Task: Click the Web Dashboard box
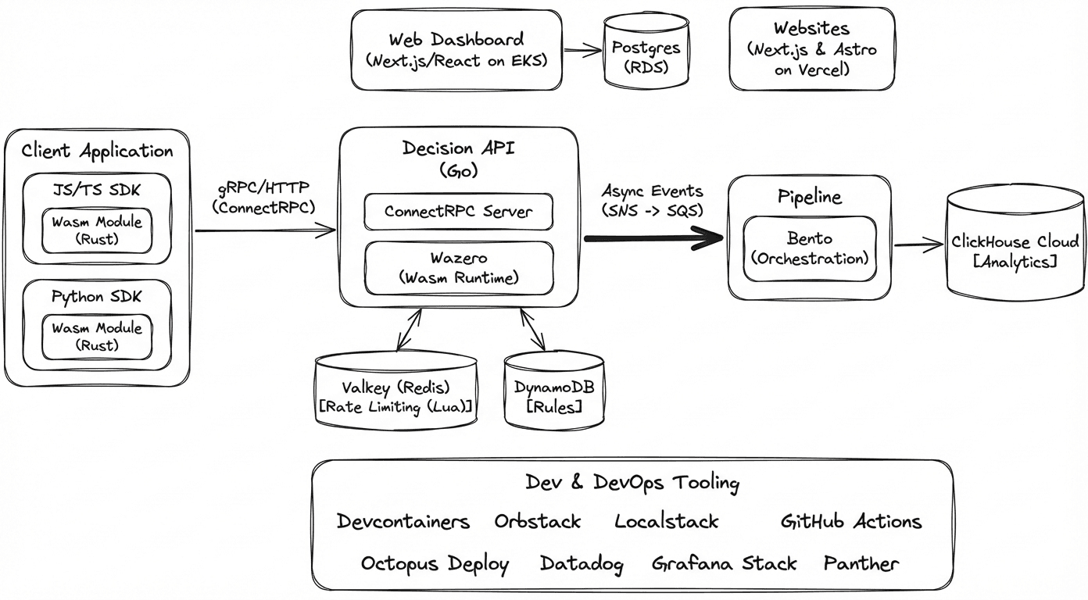coord(457,50)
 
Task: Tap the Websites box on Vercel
coord(811,49)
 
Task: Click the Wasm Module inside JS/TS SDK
coord(97,230)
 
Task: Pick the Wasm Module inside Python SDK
coord(97,337)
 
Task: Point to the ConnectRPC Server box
coord(459,212)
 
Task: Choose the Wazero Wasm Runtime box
coord(459,267)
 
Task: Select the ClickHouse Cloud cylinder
coord(1015,251)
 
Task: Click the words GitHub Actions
coord(851,521)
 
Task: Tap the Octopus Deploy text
coord(435,563)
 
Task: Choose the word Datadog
coord(582,563)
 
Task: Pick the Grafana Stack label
coord(724,563)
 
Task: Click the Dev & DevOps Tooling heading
coord(632,483)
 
